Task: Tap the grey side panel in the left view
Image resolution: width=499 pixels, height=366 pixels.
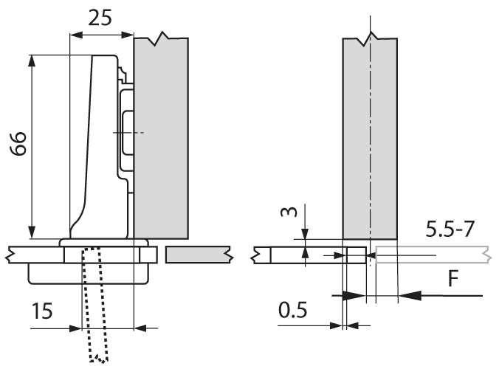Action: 162,140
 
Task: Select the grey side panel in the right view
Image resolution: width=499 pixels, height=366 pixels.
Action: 369,140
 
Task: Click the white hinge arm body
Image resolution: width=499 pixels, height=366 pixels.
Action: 92,140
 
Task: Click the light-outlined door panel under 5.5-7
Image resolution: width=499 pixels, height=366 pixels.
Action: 432,255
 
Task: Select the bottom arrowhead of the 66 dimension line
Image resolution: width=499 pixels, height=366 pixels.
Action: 32,232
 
